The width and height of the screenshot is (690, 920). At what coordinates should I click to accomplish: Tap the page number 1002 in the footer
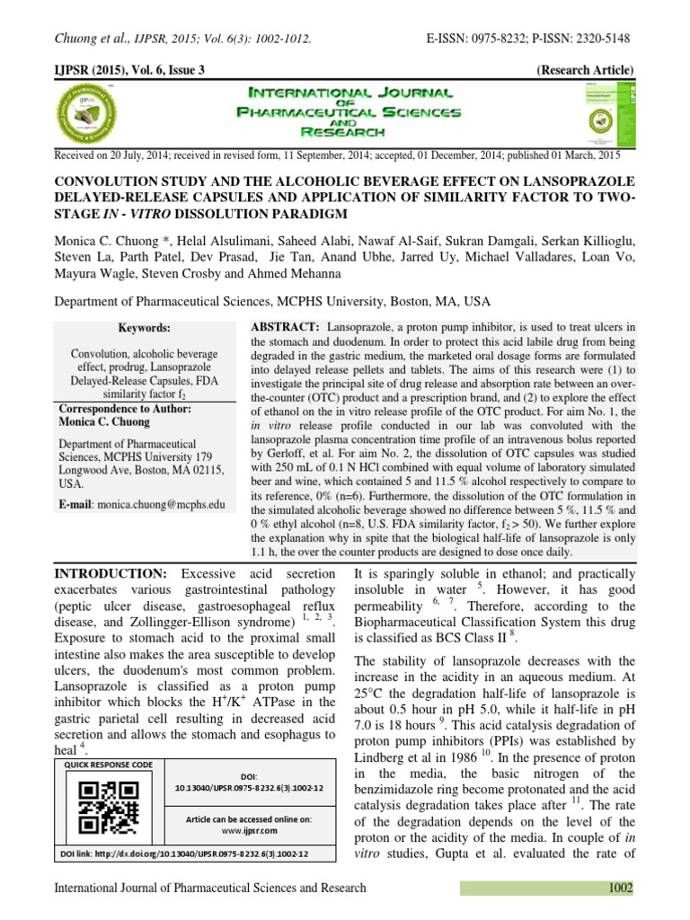[x=620, y=889]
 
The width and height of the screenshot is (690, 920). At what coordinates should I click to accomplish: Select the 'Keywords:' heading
[x=144, y=329]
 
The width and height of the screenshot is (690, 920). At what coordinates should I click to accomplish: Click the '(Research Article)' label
[x=585, y=70]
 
